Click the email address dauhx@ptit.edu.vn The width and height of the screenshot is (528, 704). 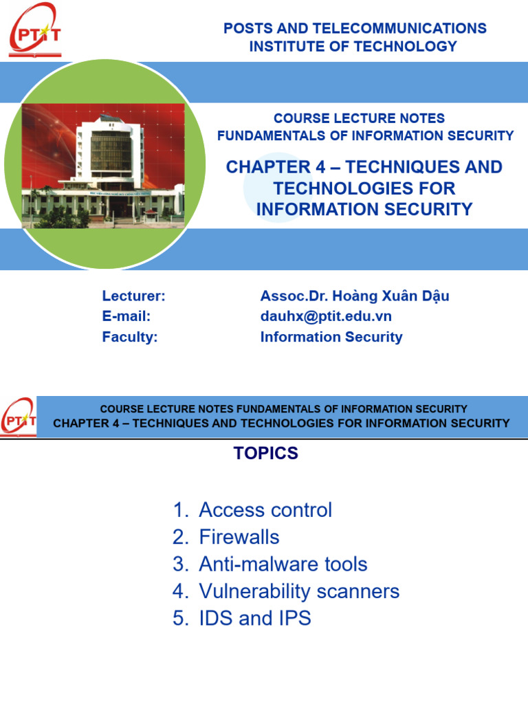coord(326,316)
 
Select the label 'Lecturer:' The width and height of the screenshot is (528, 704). coord(133,296)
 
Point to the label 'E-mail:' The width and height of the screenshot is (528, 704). coord(126,316)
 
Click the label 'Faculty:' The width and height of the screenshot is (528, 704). coord(130,337)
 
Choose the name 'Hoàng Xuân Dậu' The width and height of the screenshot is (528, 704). coord(393,296)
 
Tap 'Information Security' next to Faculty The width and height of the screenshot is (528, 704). coord(331,337)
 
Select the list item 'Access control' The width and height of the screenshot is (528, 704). coord(265,510)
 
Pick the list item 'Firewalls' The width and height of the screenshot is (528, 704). coord(239,537)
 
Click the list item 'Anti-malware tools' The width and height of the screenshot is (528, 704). coord(283,564)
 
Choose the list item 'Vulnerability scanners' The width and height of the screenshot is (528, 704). coord(298,591)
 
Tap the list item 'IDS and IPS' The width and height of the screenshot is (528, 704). coord(254,619)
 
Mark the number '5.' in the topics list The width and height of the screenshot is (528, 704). coord(181,619)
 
